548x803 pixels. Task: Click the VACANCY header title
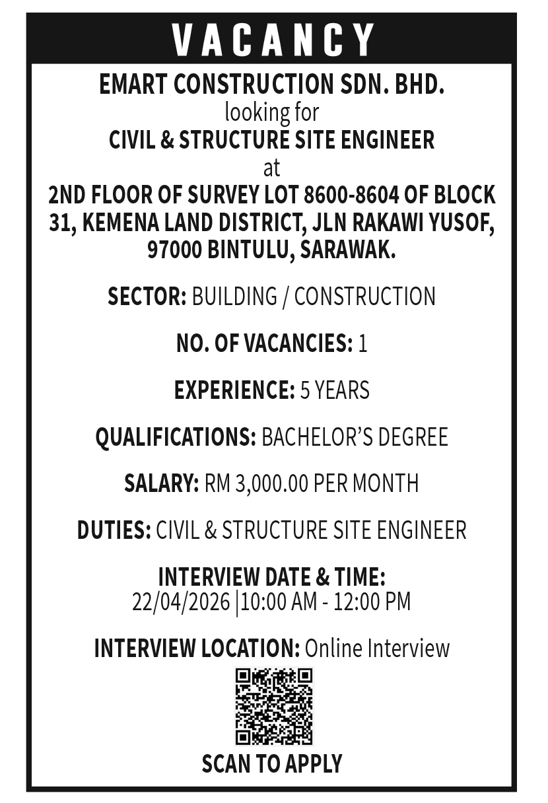pyautogui.click(x=273, y=40)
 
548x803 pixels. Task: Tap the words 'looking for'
pyautogui.click(x=271, y=112)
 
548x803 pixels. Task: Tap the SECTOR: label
pyautogui.click(x=147, y=297)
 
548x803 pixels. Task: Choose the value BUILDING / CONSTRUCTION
pyautogui.click(x=314, y=297)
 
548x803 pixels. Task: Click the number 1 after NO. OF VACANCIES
pyautogui.click(x=362, y=343)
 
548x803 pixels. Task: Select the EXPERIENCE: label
pyautogui.click(x=234, y=390)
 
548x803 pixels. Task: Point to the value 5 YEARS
pyautogui.click(x=335, y=390)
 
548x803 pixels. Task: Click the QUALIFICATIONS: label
pyautogui.click(x=176, y=437)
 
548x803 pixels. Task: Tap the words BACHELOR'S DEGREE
pyautogui.click(x=355, y=437)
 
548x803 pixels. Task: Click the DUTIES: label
pyautogui.click(x=114, y=530)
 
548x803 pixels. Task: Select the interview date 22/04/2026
pyautogui.click(x=181, y=602)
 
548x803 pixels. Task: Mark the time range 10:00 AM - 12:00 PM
pyautogui.click(x=325, y=602)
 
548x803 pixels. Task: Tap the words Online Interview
pyautogui.click(x=377, y=648)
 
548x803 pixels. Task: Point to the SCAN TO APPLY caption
pyautogui.click(x=272, y=763)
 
